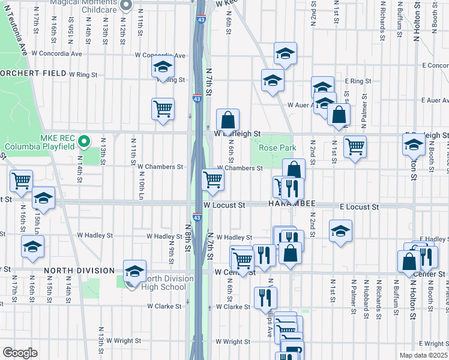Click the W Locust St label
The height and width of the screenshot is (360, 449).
pyautogui.click(x=224, y=205)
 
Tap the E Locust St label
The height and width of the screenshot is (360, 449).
pyautogui.click(x=359, y=206)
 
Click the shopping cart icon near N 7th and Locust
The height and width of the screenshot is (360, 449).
pyautogui.click(x=212, y=179)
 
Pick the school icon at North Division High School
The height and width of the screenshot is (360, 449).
pyautogui.click(x=134, y=272)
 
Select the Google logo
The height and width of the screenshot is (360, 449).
pyautogui.click(x=20, y=352)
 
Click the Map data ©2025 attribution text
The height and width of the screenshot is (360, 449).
pyautogui.click(x=424, y=355)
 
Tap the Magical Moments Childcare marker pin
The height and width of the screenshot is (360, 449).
pyautogui.click(x=125, y=5)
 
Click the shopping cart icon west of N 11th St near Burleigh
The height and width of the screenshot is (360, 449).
pyautogui.click(x=163, y=110)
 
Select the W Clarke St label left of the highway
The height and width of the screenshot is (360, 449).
pyautogui.click(x=165, y=306)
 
